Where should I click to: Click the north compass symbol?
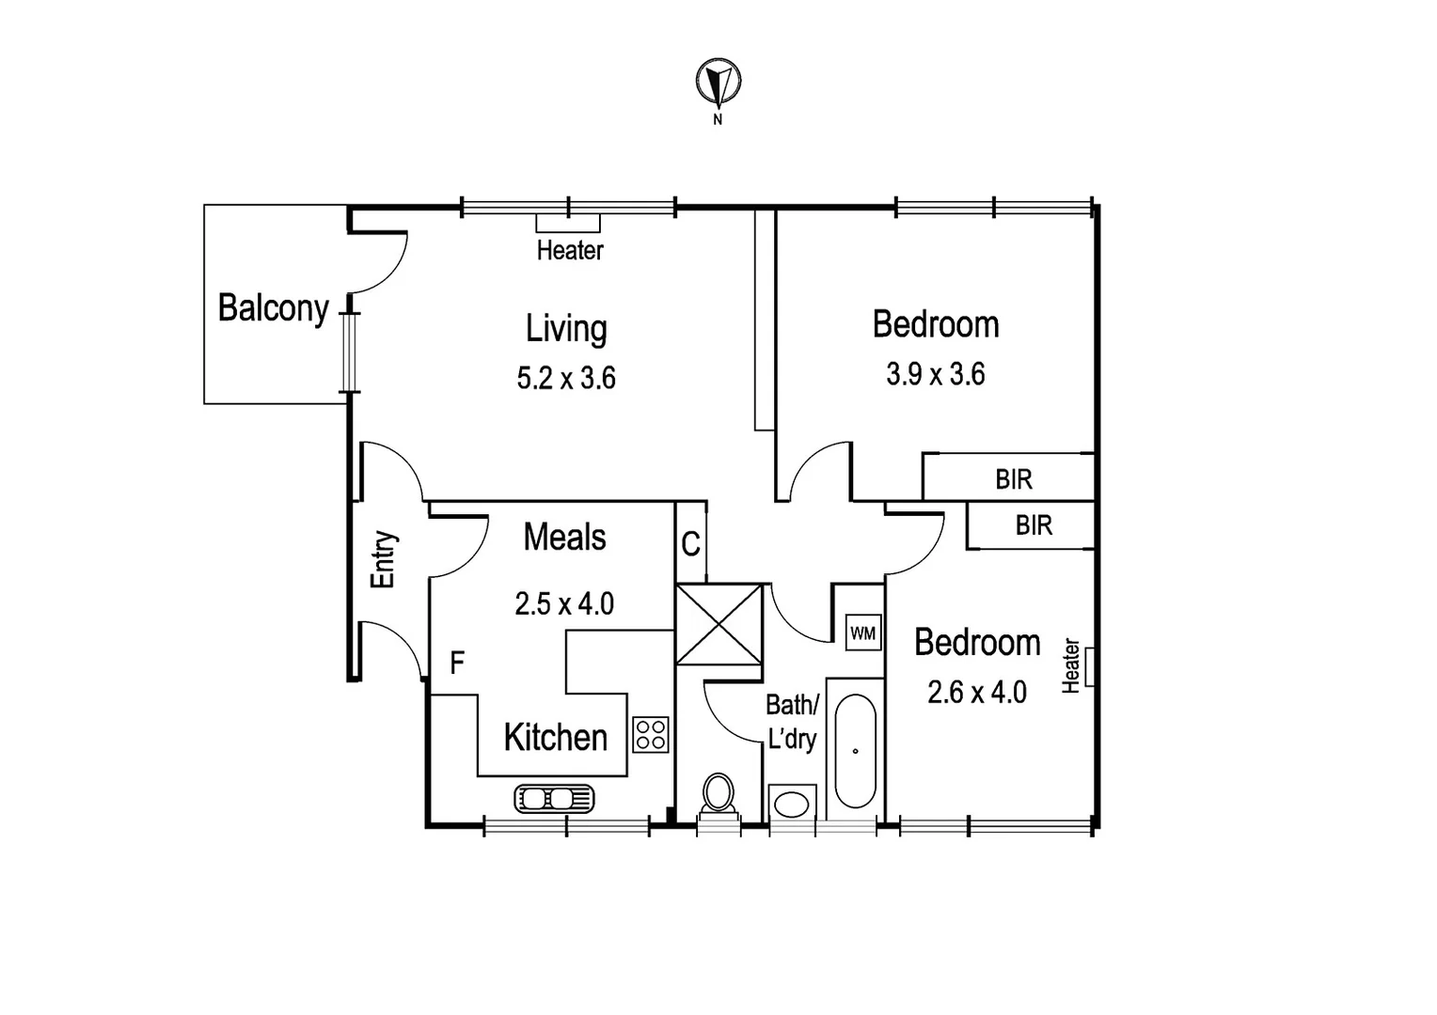point(718,83)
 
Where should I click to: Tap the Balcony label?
point(273,308)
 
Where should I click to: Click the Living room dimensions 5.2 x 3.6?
point(566,378)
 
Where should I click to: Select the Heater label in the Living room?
point(570,250)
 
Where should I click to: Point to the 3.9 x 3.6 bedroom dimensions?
point(935,374)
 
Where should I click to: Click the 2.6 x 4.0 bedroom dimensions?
point(976,693)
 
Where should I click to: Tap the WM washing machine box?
point(862,633)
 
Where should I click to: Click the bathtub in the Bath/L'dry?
point(855,751)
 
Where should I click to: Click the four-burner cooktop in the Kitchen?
point(651,734)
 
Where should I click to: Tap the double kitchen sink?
point(554,799)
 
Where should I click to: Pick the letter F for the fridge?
point(457,664)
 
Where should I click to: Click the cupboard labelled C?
point(690,544)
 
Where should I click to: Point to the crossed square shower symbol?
point(719,623)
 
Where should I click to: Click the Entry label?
point(384,560)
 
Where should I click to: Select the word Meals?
point(564,538)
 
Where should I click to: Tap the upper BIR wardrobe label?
point(1014,479)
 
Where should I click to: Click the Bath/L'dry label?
point(792,721)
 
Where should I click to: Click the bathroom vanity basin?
point(790,805)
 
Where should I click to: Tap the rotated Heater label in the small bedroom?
point(1070,665)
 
